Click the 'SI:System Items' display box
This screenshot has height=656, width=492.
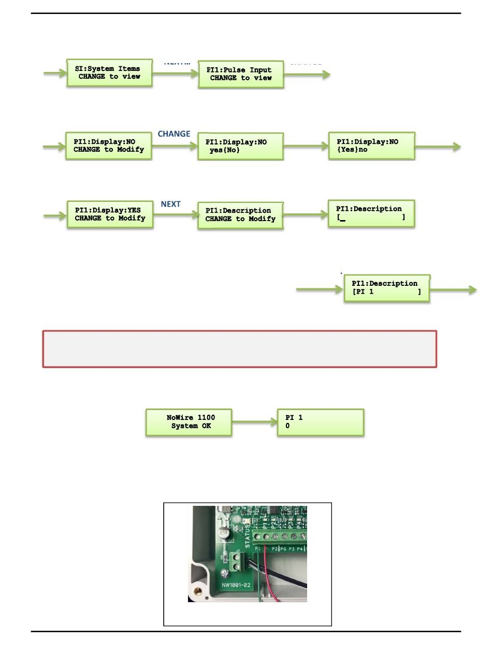[109, 73]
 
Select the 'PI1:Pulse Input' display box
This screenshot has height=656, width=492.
[241, 75]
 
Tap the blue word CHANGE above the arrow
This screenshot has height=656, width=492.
[174, 134]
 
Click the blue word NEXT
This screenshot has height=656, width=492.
[170, 204]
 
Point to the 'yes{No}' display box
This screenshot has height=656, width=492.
[241, 147]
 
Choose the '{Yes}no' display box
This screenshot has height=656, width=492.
[371, 145]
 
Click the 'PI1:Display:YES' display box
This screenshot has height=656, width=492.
[109, 214]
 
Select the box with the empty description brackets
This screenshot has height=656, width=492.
[371, 213]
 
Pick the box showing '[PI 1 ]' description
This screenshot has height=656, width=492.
[387, 288]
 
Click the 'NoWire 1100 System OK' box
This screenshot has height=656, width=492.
[189, 422]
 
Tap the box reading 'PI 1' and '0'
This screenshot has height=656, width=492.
[320, 422]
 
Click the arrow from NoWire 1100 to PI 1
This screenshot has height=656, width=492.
[254, 422]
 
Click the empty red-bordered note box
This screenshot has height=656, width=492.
[240, 349]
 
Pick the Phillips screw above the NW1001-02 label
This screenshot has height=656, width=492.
[224, 573]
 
